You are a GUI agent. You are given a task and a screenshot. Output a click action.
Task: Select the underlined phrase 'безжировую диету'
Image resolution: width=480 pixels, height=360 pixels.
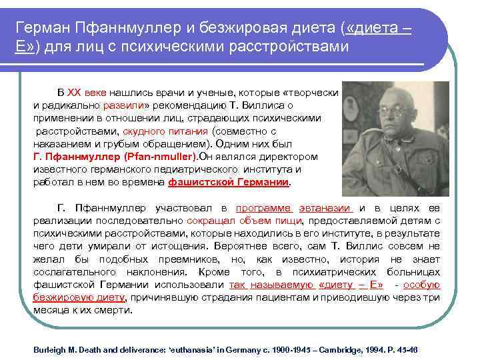pyautogui.click(x=81, y=297)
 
